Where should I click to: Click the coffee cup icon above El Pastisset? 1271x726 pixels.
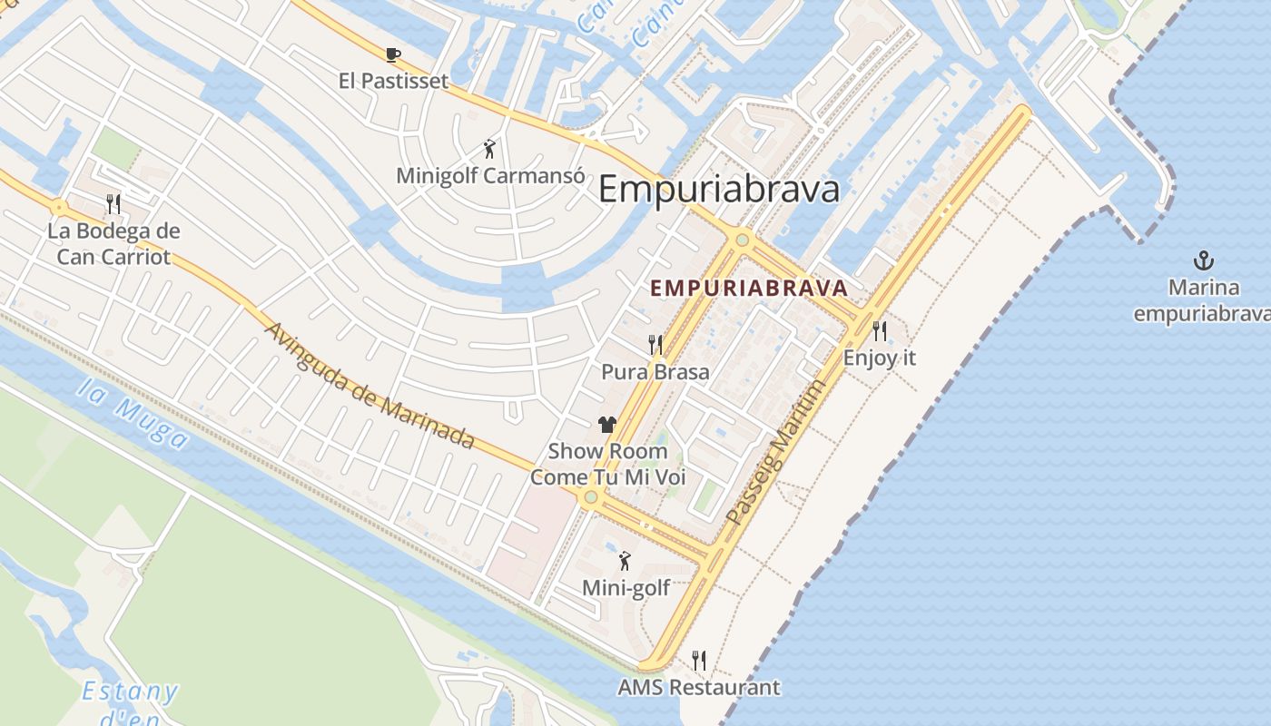pyautogui.click(x=393, y=55)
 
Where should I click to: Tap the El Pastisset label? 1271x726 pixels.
pyautogui.click(x=393, y=81)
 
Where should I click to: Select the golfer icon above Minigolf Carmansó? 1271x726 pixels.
pyautogui.click(x=490, y=149)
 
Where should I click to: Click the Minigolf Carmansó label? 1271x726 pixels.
pyautogui.click(x=490, y=175)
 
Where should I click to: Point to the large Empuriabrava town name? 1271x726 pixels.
pyautogui.click(x=719, y=190)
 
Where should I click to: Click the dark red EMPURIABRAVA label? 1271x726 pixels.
pyautogui.click(x=749, y=289)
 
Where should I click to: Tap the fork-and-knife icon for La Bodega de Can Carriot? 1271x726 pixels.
pyautogui.click(x=113, y=203)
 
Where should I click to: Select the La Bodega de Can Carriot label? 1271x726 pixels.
pyautogui.click(x=113, y=243)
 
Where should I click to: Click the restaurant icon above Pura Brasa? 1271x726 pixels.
pyautogui.click(x=655, y=345)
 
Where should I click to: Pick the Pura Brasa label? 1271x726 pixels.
pyautogui.click(x=655, y=371)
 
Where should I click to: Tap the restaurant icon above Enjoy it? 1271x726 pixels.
pyautogui.click(x=879, y=330)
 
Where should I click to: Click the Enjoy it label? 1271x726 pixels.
pyautogui.click(x=879, y=358)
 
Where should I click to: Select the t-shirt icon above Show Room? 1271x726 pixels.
pyautogui.click(x=607, y=424)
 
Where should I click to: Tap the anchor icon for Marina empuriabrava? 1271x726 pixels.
pyautogui.click(x=1204, y=261)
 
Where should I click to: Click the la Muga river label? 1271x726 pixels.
pyautogui.click(x=133, y=414)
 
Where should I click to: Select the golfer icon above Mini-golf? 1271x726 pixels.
pyautogui.click(x=625, y=561)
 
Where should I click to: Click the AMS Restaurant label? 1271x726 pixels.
pyautogui.click(x=698, y=687)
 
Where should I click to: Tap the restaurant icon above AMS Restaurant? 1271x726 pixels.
pyautogui.click(x=698, y=661)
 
